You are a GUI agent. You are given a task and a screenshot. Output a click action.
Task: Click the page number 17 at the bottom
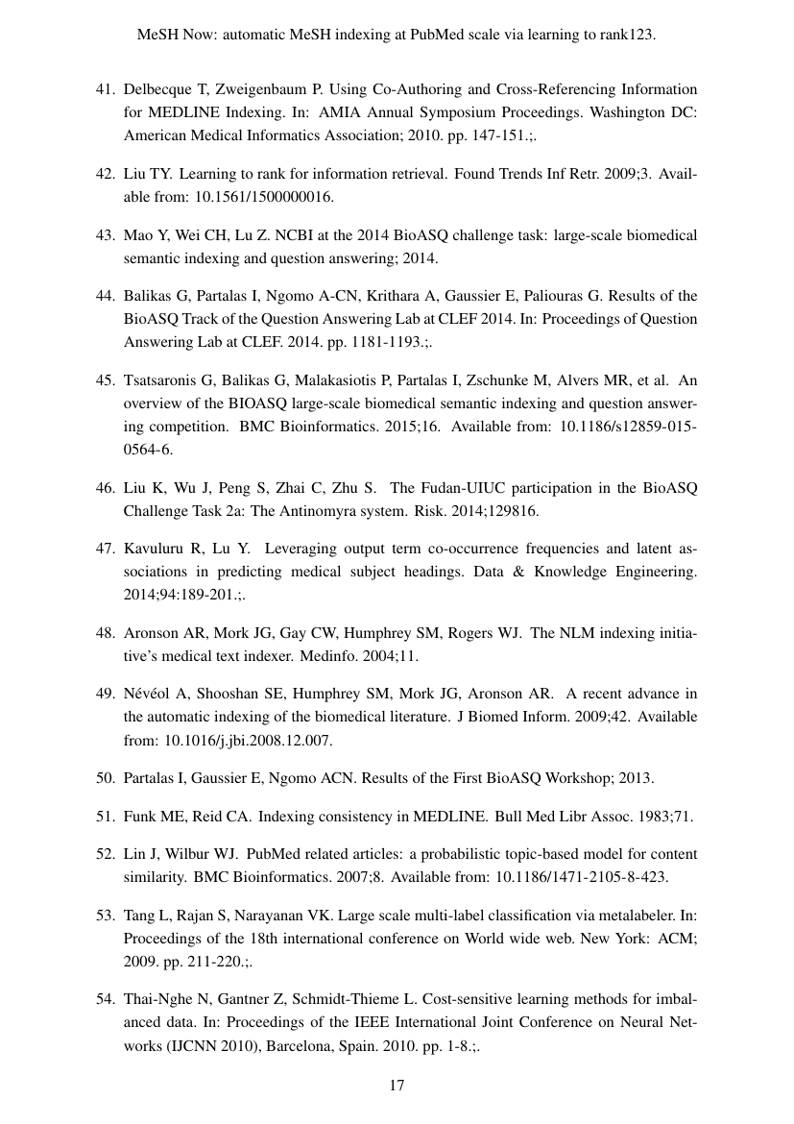[397, 1086]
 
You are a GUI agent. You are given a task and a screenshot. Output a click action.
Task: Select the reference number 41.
[105, 89]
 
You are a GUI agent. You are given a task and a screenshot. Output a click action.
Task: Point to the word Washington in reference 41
[612, 112]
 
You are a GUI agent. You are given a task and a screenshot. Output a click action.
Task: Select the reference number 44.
[105, 295]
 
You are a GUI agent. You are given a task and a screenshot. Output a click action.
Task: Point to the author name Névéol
[148, 694]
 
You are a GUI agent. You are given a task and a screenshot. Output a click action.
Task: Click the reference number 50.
[105, 777]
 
